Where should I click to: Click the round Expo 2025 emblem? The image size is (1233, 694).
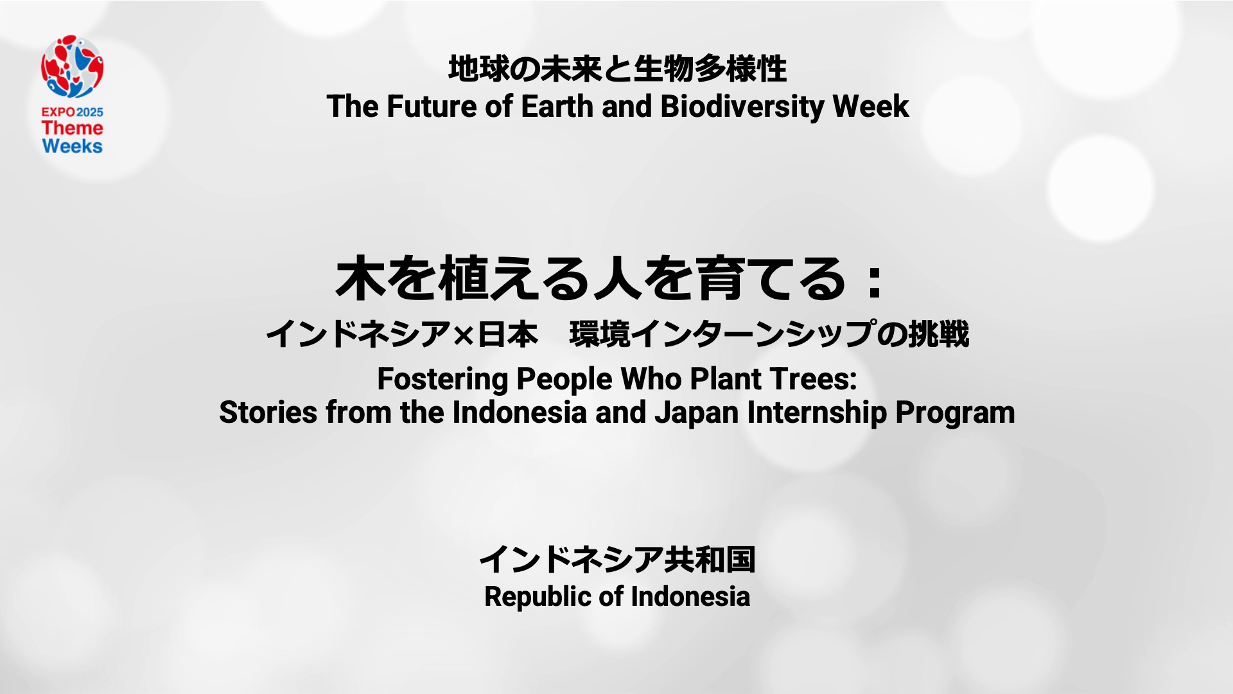click(x=73, y=67)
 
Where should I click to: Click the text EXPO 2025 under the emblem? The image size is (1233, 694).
click(x=73, y=112)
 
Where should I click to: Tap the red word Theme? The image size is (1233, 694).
click(x=73, y=128)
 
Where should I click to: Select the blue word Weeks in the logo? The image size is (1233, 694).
click(x=73, y=146)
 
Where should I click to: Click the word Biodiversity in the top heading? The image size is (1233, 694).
click(x=742, y=107)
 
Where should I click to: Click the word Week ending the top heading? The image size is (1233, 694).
click(x=871, y=107)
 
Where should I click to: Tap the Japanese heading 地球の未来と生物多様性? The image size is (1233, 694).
click(x=617, y=69)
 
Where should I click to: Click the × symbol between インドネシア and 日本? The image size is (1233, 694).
click(x=463, y=335)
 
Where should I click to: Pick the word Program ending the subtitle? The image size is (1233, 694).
click(x=955, y=414)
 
